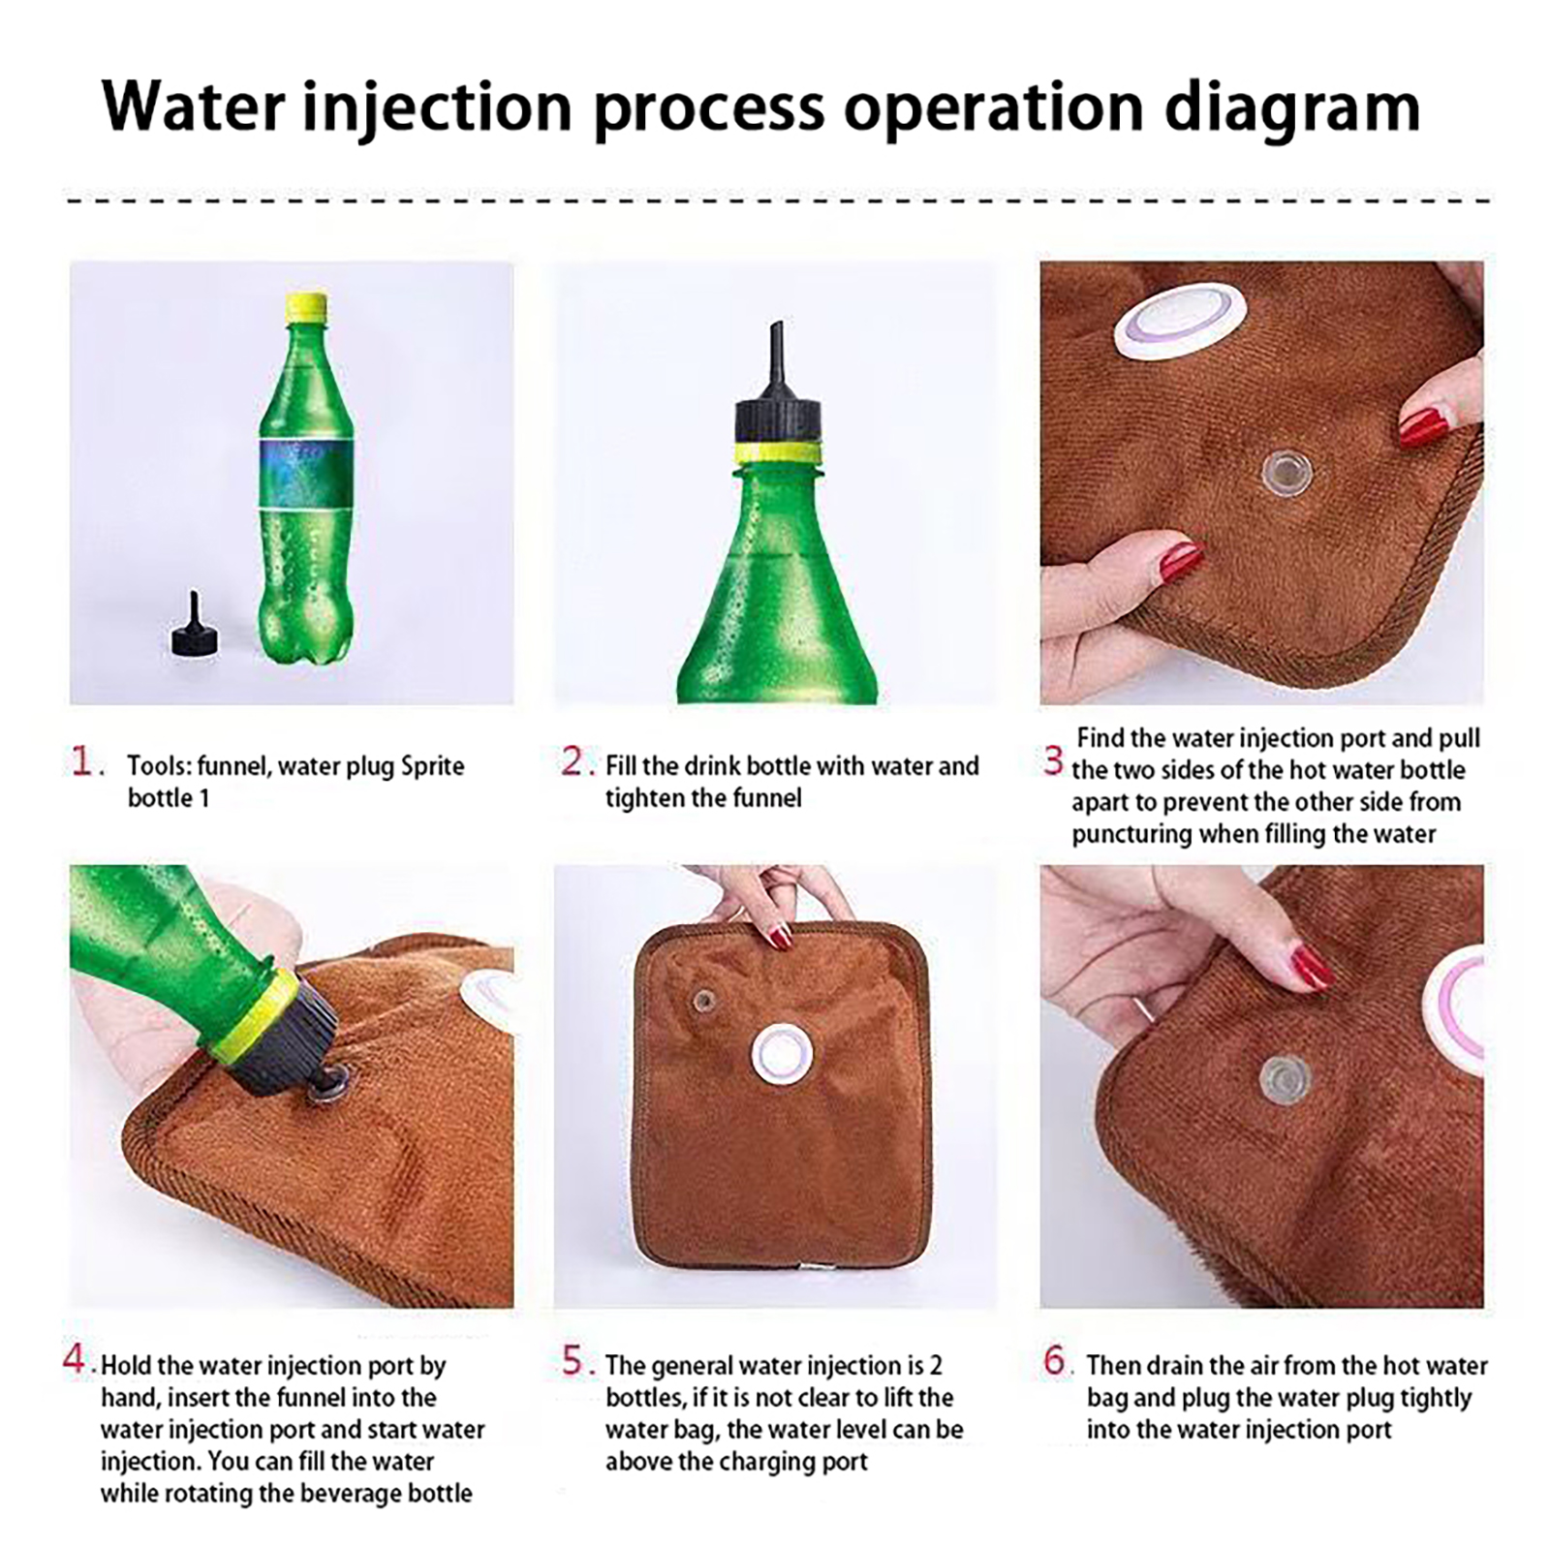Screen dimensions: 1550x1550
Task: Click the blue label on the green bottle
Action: [305, 474]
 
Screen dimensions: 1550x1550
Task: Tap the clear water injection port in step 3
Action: [1286, 473]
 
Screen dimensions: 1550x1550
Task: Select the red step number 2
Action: [575, 761]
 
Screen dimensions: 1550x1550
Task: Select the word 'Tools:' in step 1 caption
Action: [159, 766]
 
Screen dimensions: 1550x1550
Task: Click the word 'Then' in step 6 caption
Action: [1111, 1365]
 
